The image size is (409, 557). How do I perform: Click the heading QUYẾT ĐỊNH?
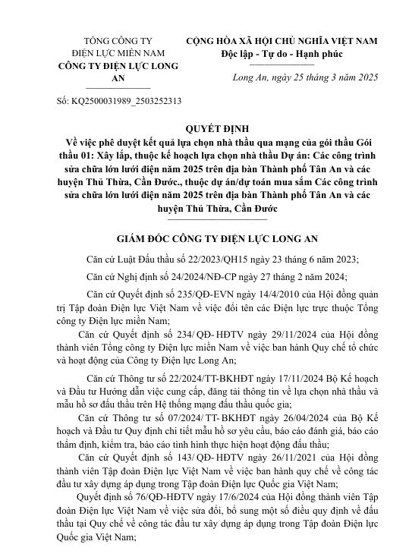[x=204, y=129]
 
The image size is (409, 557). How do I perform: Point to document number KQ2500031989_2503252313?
[x=119, y=99]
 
